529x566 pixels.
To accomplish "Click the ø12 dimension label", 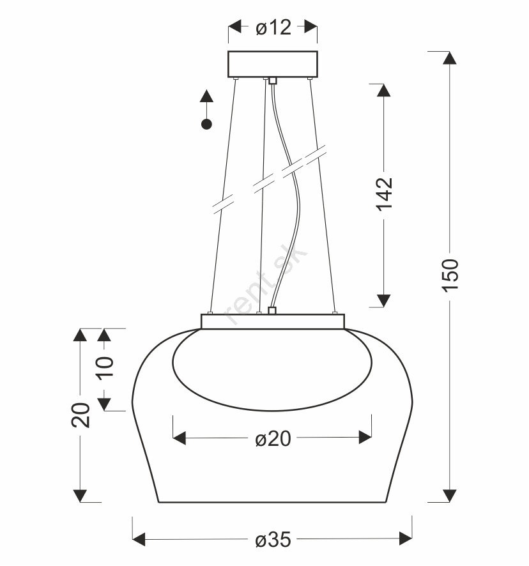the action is [x=273, y=27].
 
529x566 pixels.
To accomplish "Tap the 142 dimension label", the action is [x=384, y=194].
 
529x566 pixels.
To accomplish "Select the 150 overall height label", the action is [x=450, y=275].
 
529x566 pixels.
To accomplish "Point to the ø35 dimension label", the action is [x=273, y=540].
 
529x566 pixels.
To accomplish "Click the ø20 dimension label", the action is [x=273, y=439].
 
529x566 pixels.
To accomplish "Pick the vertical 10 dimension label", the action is [x=105, y=367].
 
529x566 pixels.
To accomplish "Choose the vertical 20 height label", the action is [x=80, y=415].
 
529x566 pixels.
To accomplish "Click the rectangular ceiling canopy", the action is [x=273, y=65].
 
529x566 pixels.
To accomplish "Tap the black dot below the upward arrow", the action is [x=206, y=125].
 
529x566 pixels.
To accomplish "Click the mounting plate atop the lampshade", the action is [x=273, y=321].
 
